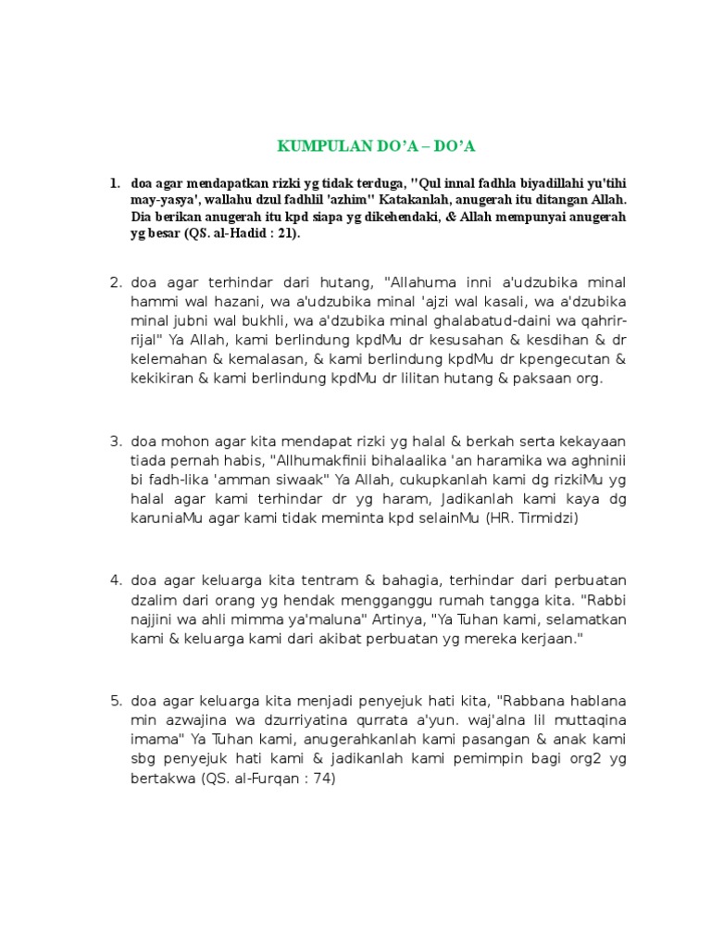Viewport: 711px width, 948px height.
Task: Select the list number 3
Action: pyautogui.click(x=116, y=441)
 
